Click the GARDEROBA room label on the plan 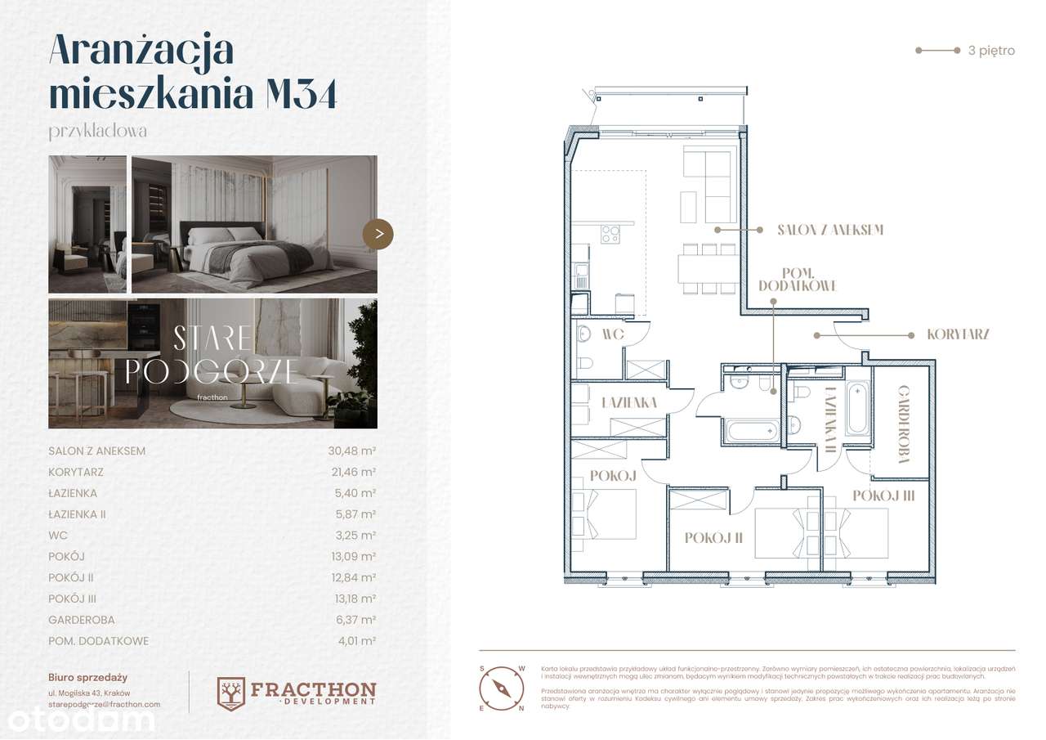[x=904, y=425]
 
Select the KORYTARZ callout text [x=959, y=334]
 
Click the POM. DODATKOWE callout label [x=797, y=280]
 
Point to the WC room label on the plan [x=613, y=334]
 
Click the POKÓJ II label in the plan [x=713, y=537]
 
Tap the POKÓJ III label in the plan [x=883, y=496]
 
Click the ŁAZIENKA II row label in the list [x=77, y=514]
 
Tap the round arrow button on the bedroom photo [x=378, y=234]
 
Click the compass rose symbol [x=501, y=688]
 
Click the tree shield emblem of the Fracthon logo [x=231, y=693]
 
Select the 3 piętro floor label [x=990, y=51]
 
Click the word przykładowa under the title [x=97, y=131]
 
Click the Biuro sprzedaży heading [x=87, y=677]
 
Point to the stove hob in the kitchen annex [x=610, y=234]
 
